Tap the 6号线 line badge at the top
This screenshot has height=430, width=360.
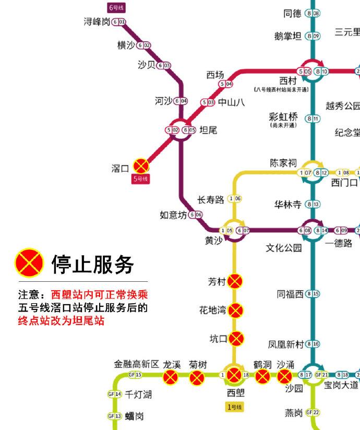[116, 8]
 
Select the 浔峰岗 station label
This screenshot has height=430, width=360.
[97, 22]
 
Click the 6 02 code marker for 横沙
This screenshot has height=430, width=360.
[143, 45]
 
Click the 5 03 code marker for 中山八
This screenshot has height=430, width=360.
[208, 102]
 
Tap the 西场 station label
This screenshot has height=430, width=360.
[215, 75]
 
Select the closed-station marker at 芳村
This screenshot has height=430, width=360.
[236, 281]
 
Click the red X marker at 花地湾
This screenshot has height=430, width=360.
[236, 310]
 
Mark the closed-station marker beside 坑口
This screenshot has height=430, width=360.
[236, 338]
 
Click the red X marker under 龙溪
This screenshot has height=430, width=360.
[170, 377]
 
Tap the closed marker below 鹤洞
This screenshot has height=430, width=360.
[262, 377]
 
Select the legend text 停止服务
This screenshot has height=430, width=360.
[92, 265]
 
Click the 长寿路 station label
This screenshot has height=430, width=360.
[211, 199]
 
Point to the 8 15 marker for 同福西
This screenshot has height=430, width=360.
[313, 294]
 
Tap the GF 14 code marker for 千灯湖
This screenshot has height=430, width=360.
[114, 394]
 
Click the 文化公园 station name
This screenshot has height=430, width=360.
[284, 248]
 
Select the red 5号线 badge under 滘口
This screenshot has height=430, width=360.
[141, 179]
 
